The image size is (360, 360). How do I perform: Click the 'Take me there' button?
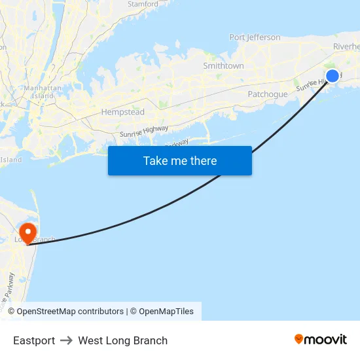(179, 161)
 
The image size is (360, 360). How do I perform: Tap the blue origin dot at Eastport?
(333, 76)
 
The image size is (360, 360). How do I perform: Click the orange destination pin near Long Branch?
(28, 232)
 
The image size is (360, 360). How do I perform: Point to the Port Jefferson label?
(255, 37)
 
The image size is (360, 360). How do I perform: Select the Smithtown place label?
(223, 66)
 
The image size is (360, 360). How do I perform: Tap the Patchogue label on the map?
(267, 94)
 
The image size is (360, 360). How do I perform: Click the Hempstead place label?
(122, 113)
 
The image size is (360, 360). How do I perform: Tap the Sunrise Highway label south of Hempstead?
(144, 131)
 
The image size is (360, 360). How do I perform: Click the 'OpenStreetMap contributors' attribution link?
(70, 312)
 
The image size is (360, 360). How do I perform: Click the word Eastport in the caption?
(34, 340)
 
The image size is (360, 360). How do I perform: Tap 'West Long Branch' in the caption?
(122, 340)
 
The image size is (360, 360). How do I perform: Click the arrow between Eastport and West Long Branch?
(66, 340)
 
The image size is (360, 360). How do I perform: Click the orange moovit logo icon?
(299, 339)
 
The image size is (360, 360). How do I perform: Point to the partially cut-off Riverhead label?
(346, 46)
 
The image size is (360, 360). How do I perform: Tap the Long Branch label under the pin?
(36, 240)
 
